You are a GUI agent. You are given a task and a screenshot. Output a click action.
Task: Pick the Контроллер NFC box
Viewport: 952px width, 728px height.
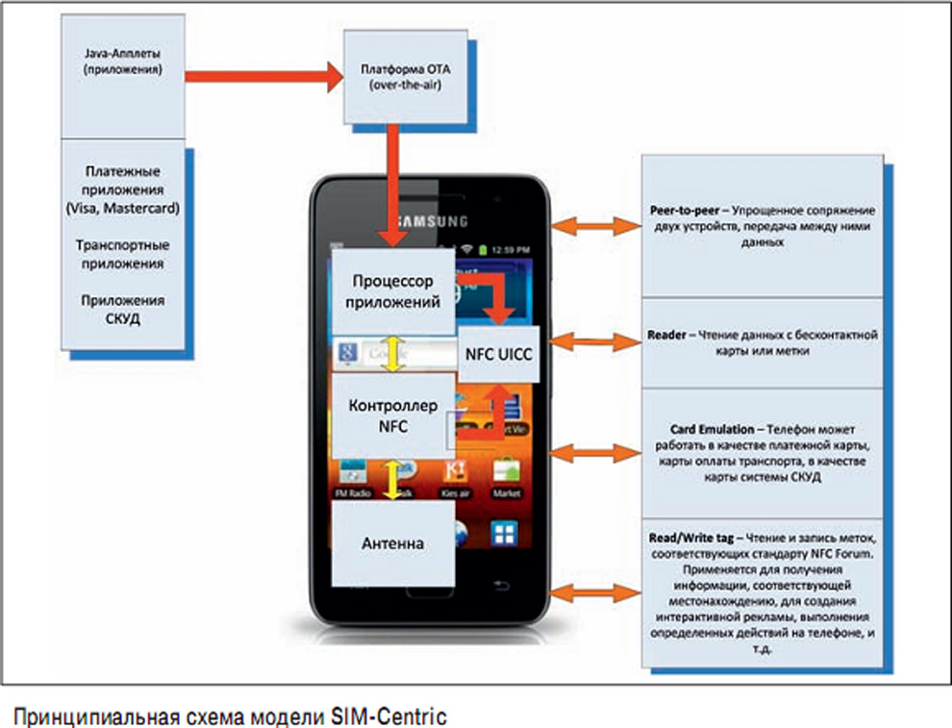[391, 415]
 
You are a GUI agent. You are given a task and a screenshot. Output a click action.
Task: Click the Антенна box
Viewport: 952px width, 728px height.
[392, 543]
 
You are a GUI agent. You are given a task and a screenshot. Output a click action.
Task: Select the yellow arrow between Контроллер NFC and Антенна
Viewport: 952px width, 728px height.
[392, 478]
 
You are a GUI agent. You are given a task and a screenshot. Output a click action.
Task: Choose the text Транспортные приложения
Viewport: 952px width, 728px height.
[122, 254]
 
